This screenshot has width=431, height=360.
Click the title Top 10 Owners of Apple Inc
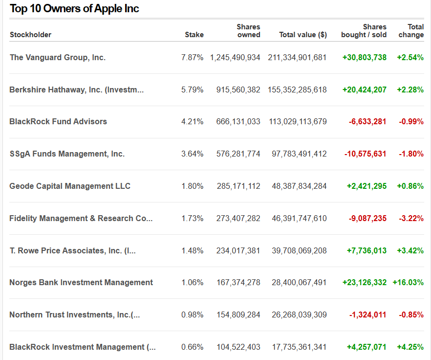click(74, 9)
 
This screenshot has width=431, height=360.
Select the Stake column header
click(194, 35)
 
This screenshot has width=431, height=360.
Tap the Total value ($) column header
click(303, 35)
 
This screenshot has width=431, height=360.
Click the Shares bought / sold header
click(364, 31)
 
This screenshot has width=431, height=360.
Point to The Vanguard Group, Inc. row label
click(58, 57)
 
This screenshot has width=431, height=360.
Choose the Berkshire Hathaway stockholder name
click(76, 90)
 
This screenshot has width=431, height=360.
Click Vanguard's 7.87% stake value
click(192, 58)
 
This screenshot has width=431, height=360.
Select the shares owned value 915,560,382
click(238, 90)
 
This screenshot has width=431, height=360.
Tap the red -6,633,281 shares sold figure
click(367, 122)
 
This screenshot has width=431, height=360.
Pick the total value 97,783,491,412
click(299, 154)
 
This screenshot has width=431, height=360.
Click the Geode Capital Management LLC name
click(70, 186)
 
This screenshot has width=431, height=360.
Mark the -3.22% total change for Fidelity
click(411, 219)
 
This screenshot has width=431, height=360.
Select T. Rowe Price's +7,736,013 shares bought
click(366, 251)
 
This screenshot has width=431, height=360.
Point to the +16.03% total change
click(408, 283)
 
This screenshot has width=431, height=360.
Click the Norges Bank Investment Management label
click(81, 283)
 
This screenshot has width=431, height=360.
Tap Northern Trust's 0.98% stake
click(192, 315)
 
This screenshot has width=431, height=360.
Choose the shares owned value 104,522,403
click(238, 347)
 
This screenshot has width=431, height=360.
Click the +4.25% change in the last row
click(410, 347)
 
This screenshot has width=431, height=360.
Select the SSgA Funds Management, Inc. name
click(67, 154)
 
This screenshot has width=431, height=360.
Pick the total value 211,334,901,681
click(297, 58)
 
